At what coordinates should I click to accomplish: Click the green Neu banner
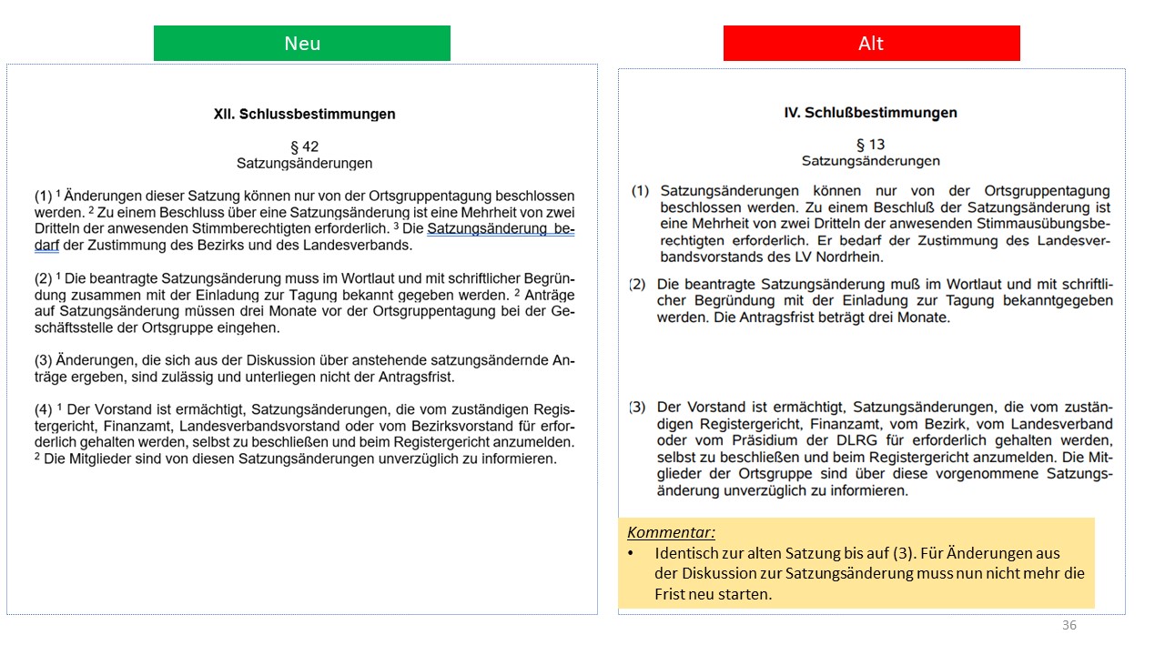[x=301, y=44]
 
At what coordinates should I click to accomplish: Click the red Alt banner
[x=871, y=44]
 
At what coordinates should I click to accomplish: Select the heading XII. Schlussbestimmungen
[x=304, y=115]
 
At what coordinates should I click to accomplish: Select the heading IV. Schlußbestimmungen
[x=870, y=113]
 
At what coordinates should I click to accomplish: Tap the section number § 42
[x=304, y=146]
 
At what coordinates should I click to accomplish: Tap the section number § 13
[x=870, y=145]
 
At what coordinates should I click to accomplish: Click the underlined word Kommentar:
[x=671, y=532]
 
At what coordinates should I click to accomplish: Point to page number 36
[x=1069, y=625]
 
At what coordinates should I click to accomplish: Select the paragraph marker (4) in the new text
[x=44, y=409]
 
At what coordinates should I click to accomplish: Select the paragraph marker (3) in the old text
[x=639, y=407]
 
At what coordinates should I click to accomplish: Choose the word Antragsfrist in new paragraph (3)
[x=415, y=377]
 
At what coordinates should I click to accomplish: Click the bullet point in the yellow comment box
[x=630, y=554]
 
